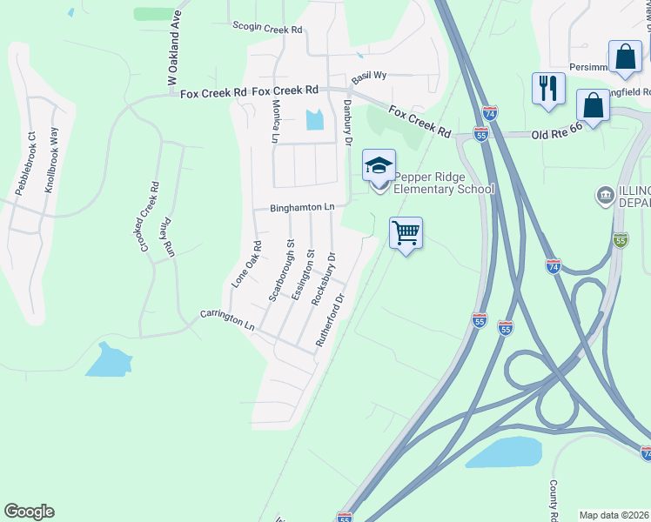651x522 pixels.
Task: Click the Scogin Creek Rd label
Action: tap(267, 29)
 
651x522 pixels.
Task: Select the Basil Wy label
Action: tap(368, 77)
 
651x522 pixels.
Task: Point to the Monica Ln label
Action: tap(275, 121)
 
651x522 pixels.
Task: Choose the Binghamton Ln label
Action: tap(302, 208)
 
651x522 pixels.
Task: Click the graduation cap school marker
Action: tap(379, 165)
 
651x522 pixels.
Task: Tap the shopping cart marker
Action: tap(406, 233)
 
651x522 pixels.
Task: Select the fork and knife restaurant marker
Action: tap(548, 88)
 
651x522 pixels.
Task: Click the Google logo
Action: tap(29, 512)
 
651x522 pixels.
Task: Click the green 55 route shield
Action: tap(620, 239)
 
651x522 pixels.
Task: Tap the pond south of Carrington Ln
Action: tap(109, 360)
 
